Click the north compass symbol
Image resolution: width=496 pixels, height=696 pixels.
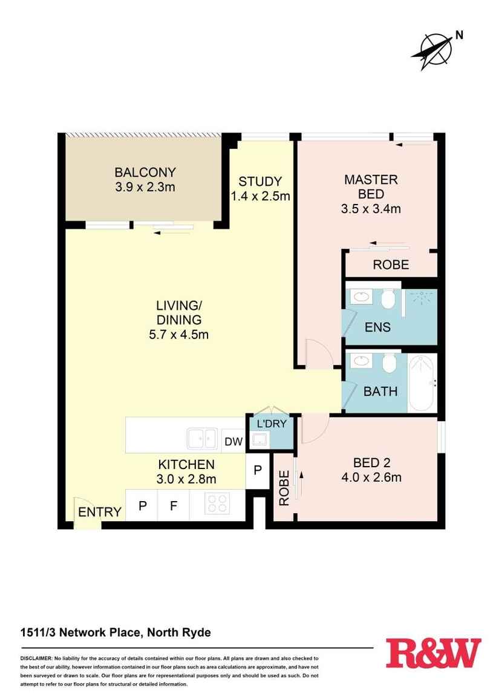(433, 48)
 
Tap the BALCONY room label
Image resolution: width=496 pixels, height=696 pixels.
(145, 172)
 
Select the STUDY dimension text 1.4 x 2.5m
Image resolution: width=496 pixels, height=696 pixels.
(260, 196)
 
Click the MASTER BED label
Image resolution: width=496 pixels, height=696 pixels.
(371, 186)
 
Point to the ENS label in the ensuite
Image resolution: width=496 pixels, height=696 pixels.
(377, 327)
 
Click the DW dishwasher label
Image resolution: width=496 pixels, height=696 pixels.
(233, 442)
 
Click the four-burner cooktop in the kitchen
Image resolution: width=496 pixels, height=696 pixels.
(218, 504)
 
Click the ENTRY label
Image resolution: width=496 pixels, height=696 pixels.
(100, 512)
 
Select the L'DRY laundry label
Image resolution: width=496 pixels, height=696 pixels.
(272, 424)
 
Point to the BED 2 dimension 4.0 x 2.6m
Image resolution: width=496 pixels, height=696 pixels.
(371, 477)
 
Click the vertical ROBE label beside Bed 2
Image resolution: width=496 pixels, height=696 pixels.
(283, 488)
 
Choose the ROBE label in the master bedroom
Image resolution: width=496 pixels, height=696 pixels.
(391, 264)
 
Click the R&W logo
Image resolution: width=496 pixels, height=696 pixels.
(433, 654)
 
